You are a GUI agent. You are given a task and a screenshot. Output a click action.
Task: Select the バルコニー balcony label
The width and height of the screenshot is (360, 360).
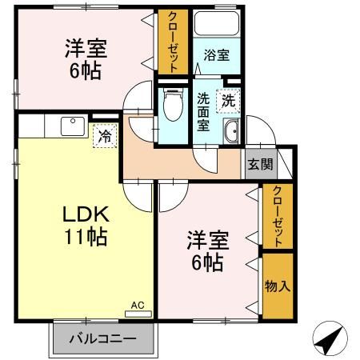pyautogui.click(x=101, y=338)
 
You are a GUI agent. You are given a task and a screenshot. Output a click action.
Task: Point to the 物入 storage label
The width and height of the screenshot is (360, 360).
pyautogui.click(x=277, y=286)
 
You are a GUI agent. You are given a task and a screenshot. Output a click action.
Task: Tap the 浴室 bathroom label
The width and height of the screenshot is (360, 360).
pyautogui.click(x=216, y=56)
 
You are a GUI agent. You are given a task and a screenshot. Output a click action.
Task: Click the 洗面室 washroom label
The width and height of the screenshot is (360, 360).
pyautogui.click(x=204, y=112)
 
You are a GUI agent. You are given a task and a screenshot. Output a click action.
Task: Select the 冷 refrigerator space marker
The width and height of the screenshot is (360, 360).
pyautogui.click(x=104, y=136)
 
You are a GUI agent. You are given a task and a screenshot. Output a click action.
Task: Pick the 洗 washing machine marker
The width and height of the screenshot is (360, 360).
pyautogui.click(x=229, y=102)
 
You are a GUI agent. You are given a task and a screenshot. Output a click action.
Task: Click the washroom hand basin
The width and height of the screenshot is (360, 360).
pyautogui.click(x=231, y=134)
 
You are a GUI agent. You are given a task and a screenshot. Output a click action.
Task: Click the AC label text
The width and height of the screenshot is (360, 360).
pyautogui.click(x=138, y=305)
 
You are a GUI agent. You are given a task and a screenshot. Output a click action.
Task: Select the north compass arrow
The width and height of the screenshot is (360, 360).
pyautogui.click(x=330, y=338)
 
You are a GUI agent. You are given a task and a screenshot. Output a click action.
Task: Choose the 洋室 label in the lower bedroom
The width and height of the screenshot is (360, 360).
pyautogui.click(x=208, y=239)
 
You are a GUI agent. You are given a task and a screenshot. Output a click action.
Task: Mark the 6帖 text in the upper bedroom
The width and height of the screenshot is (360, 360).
pyautogui.click(x=83, y=70)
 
